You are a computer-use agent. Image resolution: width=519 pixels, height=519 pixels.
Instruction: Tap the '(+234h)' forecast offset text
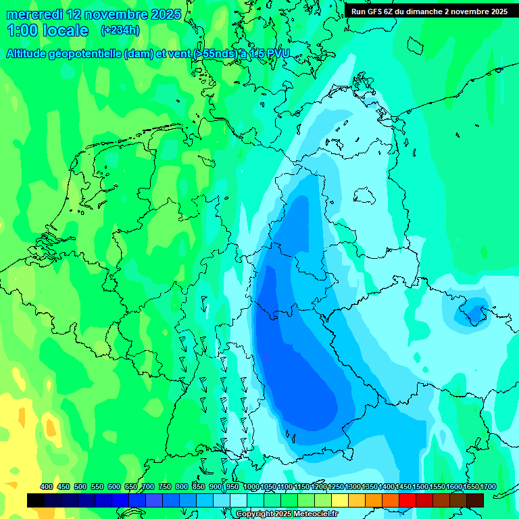(120, 30)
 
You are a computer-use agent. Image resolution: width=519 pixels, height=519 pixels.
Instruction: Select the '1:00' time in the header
(22, 30)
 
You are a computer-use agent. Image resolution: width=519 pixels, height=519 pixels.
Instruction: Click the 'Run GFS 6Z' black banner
(429, 11)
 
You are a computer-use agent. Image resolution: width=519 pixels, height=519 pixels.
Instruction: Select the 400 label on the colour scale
(47, 487)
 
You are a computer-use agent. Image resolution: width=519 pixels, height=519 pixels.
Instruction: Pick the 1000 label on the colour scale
(251, 487)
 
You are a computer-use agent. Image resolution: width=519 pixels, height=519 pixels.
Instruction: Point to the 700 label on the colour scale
(148, 487)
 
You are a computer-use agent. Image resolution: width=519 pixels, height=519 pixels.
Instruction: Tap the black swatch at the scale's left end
(36, 500)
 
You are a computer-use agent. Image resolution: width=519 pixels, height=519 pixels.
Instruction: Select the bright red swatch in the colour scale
(407, 500)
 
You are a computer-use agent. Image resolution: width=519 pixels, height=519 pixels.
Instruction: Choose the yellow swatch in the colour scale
(339, 500)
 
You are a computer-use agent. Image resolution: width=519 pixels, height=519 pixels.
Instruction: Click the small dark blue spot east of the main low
(474, 312)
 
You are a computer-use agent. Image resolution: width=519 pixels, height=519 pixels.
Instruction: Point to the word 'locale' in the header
(66, 30)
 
